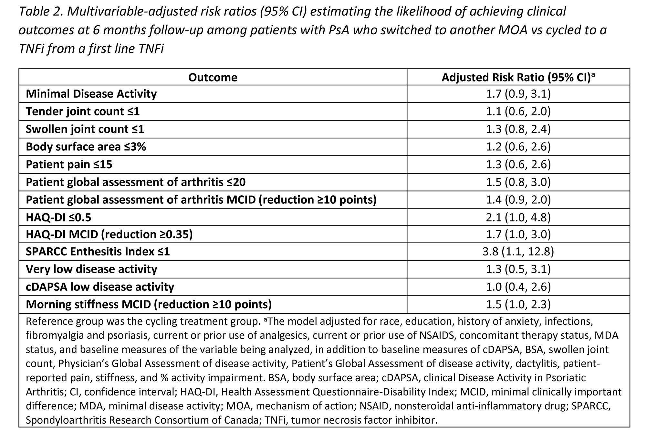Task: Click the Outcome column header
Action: [213, 78]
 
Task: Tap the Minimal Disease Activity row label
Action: [91, 94]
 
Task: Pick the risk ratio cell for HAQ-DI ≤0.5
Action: [518, 217]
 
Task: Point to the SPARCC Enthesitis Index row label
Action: [98, 252]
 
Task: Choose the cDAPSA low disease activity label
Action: [100, 287]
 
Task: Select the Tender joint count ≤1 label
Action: [83, 112]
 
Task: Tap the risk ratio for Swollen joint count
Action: [518, 129]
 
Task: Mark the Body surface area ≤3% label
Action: [86, 147]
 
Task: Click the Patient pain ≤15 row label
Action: [69, 164]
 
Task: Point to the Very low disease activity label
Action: [91, 269]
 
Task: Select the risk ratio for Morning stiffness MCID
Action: [518, 304]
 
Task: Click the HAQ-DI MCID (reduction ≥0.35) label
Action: [109, 234]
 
